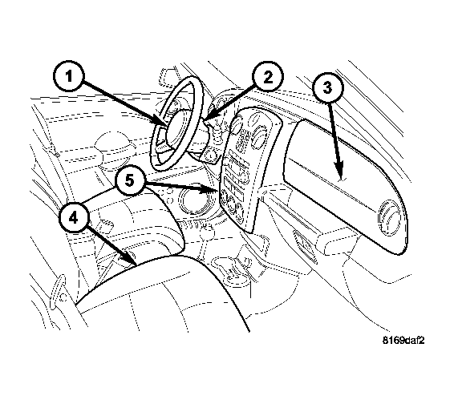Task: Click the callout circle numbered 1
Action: [x=69, y=77]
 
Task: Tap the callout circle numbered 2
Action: [x=268, y=77]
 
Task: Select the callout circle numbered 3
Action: [x=327, y=87]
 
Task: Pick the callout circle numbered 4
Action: [x=74, y=217]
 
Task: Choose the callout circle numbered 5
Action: [x=130, y=181]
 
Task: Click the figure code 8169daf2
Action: [x=403, y=341]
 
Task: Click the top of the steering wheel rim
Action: [x=188, y=79]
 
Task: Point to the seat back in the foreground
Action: [x=162, y=293]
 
